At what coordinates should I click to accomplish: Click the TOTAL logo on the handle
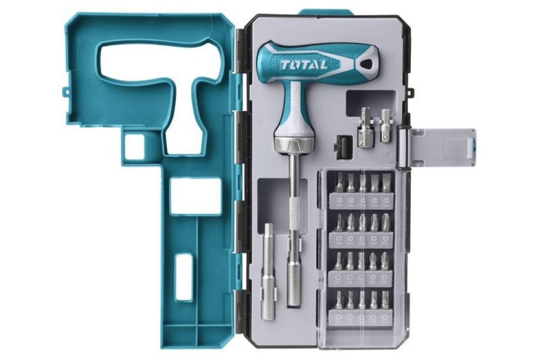pyautogui.click(x=305, y=64)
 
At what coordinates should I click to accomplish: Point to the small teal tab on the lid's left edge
pyautogui.click(x=66, y=92)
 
